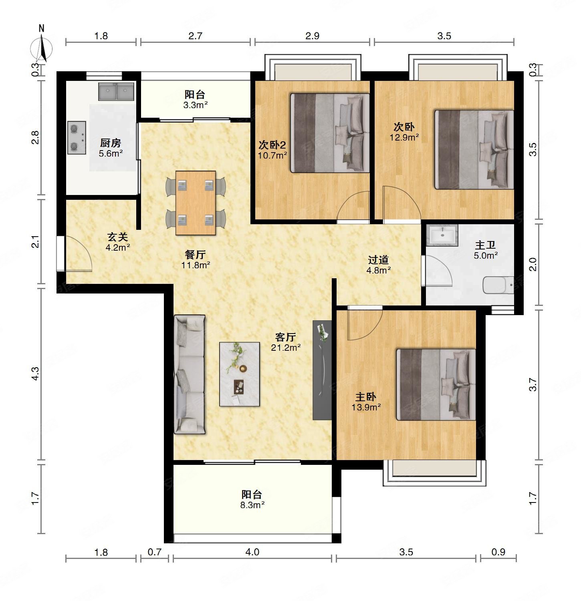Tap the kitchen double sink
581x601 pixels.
click(116, 92)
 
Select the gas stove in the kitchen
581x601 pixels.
click(76, 137)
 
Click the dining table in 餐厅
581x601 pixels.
click(196, 203)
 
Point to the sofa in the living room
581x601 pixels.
click(190, 374)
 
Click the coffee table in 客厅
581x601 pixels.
click(240, 374)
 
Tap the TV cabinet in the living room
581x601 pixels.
click(322, 370)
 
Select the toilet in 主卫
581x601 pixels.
click(498, 285)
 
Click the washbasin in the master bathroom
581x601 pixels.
click(442, 235)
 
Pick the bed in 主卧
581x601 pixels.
click(436, 385)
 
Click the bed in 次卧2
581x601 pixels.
click(330, 133)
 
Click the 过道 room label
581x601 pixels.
click(379, 260)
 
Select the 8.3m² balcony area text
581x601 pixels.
click(252, 505)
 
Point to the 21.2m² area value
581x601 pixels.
click(286, 348)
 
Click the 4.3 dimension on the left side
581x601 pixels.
click(35, 374)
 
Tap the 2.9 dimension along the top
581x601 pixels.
click(312, 36)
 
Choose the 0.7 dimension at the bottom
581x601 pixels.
click(154, 553)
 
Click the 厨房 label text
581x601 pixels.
click(110, 143)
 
